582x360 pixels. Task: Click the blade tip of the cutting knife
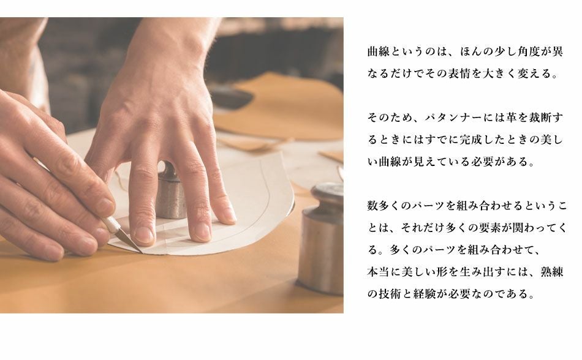[x=142, y=253]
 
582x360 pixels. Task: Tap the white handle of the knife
[x=111, y=224]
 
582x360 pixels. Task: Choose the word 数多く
[x=384, y=205]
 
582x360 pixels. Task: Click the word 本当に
[x=384, y=272]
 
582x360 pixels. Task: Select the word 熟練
[x=551, y=272]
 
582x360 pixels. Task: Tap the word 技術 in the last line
[x=390, y=294]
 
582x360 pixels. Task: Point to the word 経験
[x=425, y=294]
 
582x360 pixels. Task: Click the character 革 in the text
[x=511, y=118]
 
